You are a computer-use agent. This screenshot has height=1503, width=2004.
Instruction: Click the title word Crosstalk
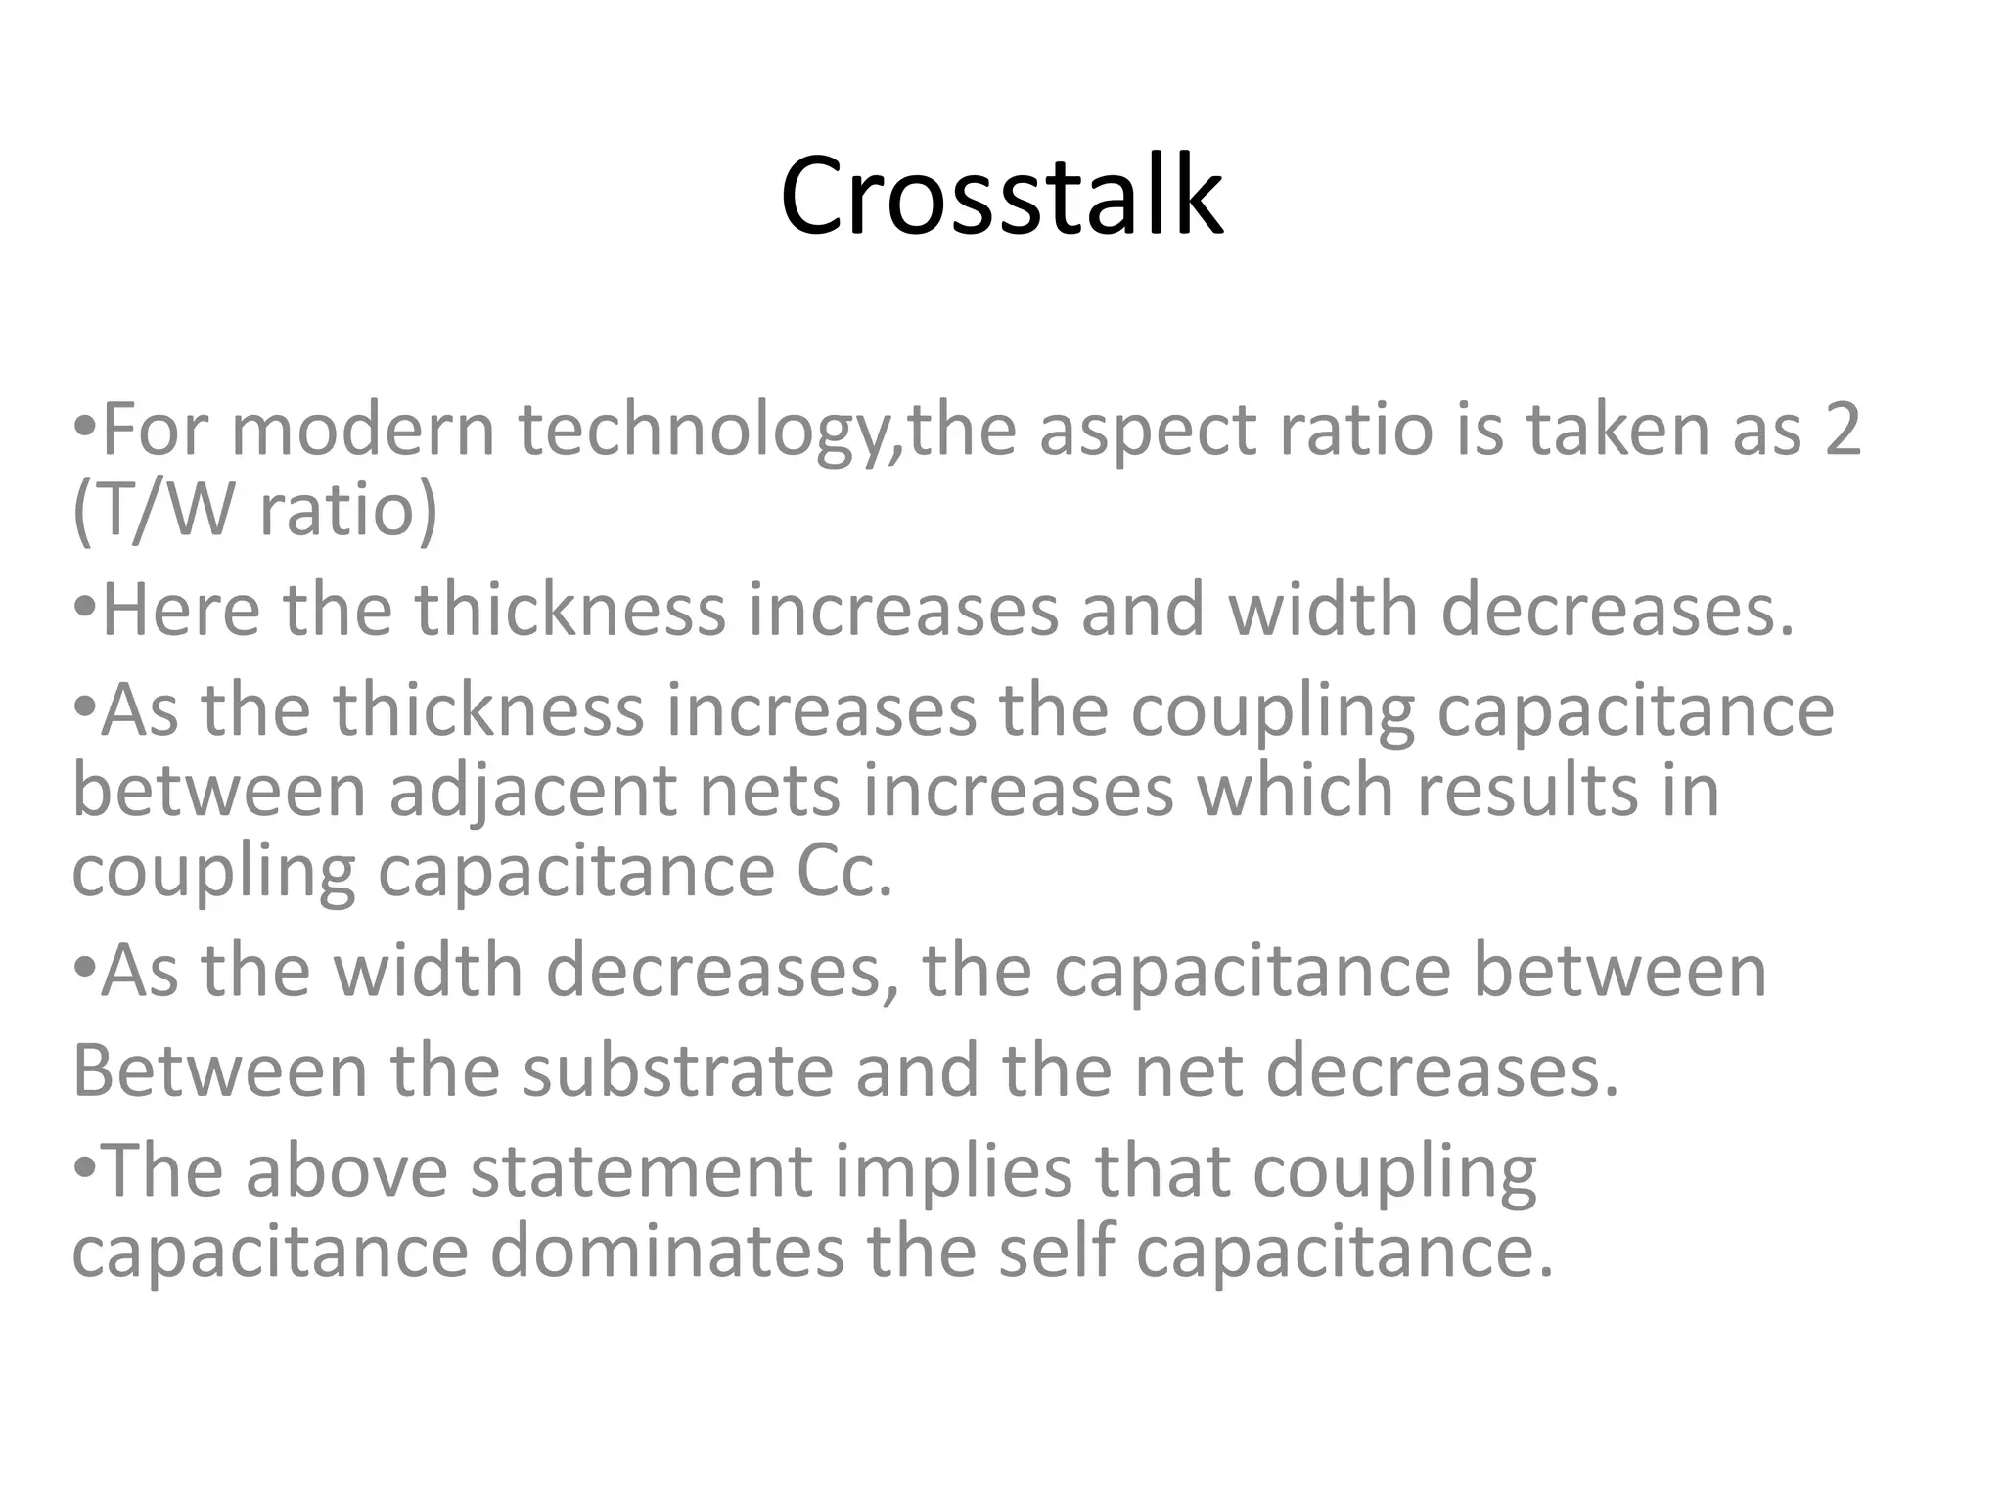[1001, 197]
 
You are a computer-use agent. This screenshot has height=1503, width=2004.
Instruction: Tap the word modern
[363, 431]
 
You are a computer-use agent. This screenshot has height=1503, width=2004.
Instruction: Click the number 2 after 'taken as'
[1842, 431]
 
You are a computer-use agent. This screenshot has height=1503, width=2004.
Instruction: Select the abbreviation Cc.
[843, 871]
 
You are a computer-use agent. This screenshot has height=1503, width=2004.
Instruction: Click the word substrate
[677, 1070]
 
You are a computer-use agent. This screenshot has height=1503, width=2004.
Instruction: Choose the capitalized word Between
[220, 1070]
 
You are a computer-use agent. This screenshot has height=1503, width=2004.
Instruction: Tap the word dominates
[665, 1252]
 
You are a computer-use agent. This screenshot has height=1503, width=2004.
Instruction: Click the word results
[1526, 791]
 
